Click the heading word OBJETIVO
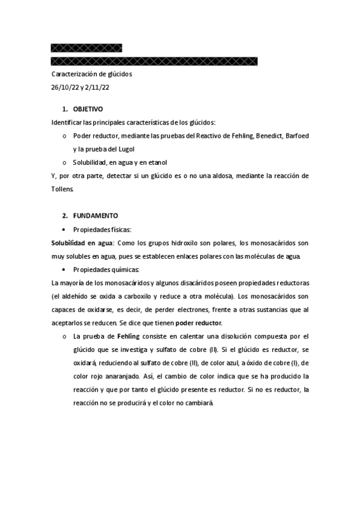coord(88,109)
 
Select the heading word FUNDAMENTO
coord(96,215)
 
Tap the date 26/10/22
coord(65,87)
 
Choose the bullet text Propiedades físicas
coord(102,229)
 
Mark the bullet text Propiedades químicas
coord(106,269)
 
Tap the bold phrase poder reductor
coord(198,322)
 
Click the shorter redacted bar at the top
coord(87,48)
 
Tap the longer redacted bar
coord(154,61)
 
